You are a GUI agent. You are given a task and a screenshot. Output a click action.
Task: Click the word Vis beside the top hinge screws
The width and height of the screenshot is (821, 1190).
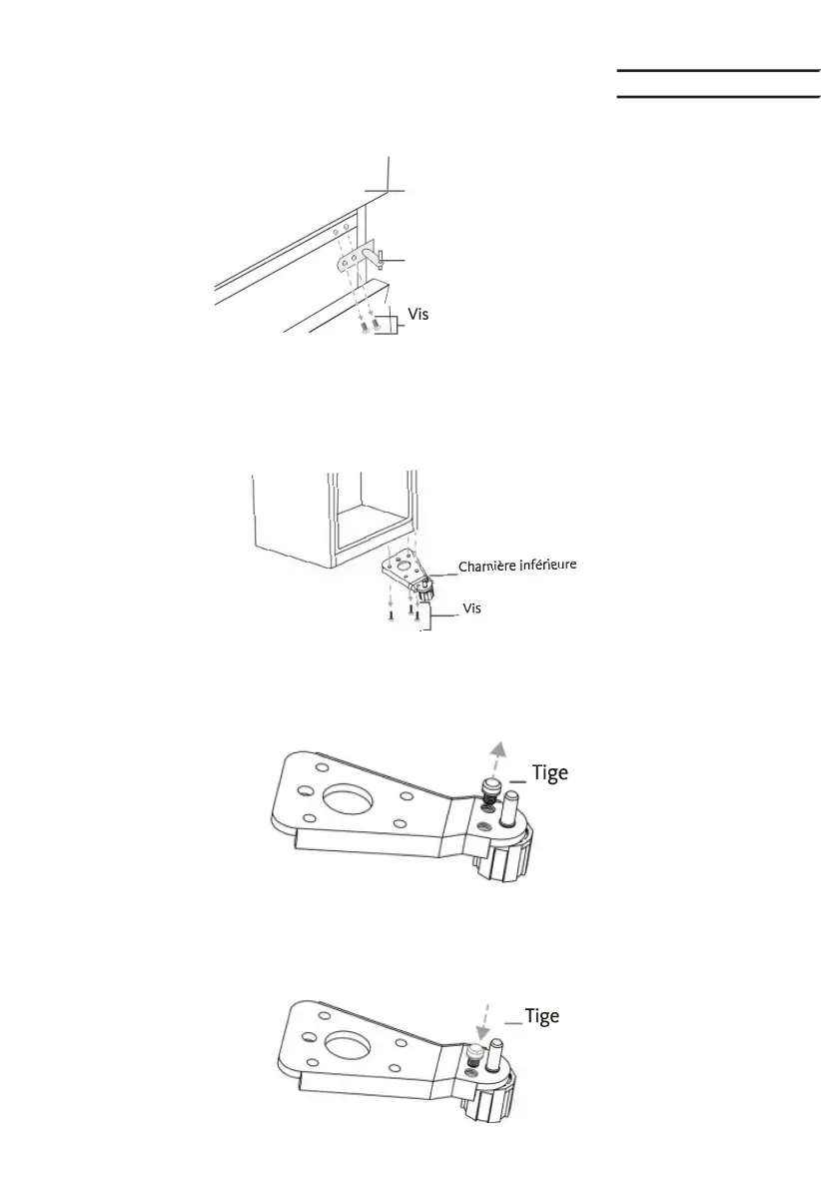coord(418,313)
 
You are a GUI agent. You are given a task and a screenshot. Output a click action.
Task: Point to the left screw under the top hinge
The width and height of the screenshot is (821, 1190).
coord(366,326)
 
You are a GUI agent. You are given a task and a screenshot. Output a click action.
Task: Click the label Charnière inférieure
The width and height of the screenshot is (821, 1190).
coord(517,567)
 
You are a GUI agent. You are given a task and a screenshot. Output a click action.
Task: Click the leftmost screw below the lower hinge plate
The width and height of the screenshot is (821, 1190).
coord(392,615)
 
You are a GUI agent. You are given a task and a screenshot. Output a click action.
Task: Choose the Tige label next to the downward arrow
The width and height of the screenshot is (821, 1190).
coord(541,1016)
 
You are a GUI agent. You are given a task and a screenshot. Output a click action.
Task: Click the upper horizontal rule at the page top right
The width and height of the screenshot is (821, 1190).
coord(716,72)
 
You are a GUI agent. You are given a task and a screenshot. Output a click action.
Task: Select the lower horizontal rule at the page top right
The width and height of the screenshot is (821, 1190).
coord(716,98)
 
